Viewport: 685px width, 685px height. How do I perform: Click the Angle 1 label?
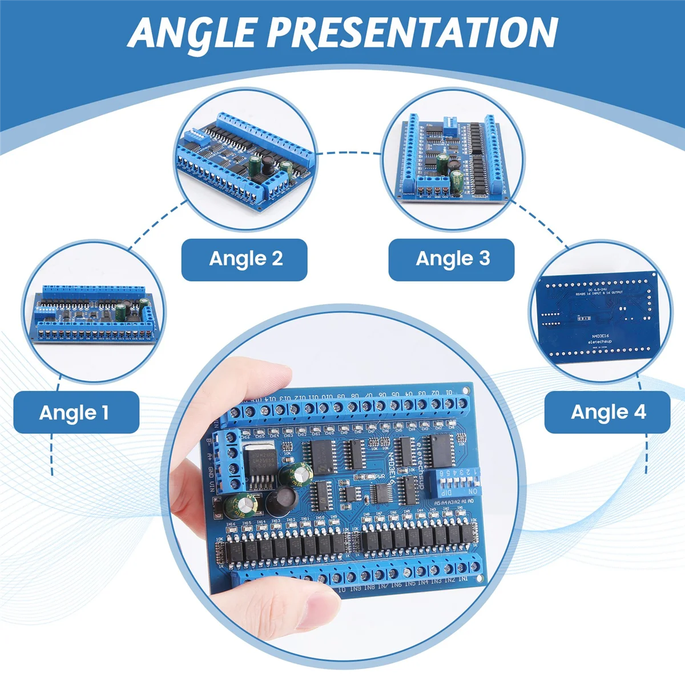pyautogui.click(x=74, y=412)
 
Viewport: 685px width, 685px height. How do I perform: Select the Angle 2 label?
pyautogui.click(x=245, y=259)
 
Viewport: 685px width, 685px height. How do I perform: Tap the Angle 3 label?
pyautogui.click(x=453, y=259)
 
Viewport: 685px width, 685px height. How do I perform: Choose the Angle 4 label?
pyautogui.click(x=608, y=412)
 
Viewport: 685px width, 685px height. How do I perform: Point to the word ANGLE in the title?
pyautogui.click(x=194, y=33)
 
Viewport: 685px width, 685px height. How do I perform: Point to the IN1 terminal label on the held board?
pyautogui.click(x=463, y=579)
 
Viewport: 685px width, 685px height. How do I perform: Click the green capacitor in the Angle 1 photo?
pyautogui.click(x=121, y=312)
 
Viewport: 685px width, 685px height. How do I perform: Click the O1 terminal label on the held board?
pyautogui.click(x=450, y=392)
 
